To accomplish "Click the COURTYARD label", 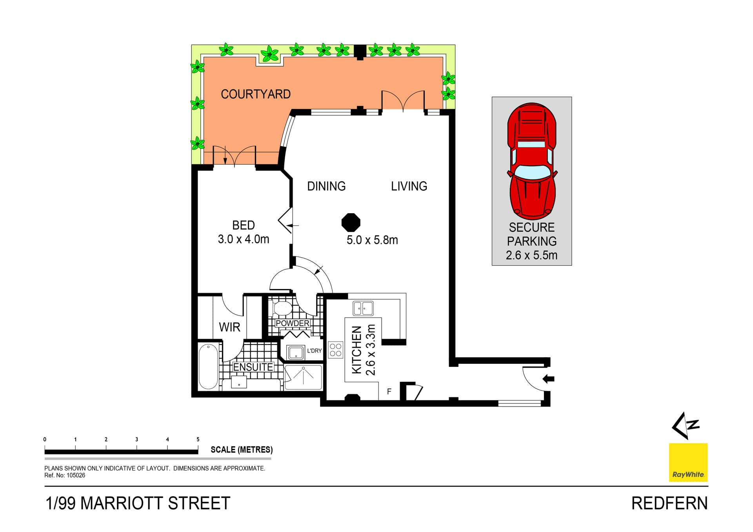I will [255, 94].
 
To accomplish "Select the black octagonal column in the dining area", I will [351, 223].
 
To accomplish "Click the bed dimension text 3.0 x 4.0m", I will [243, 239].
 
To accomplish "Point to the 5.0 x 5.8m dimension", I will [372, 240].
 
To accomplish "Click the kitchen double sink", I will [363, 308].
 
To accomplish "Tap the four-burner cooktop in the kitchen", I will [336, 350].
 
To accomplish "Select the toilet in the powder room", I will [282, 308].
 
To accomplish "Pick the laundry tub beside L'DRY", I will [296, 352].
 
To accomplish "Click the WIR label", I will [229, 327].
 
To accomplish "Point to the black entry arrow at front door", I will [548, 379].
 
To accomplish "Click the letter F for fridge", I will [389, 391].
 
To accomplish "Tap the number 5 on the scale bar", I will [198, 439].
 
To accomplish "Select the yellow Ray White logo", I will [688, 463].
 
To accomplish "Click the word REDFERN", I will [669, 503].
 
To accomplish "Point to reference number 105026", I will [76, 476].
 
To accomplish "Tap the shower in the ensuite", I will [303, 377].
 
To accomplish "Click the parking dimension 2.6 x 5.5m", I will [531, 255].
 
